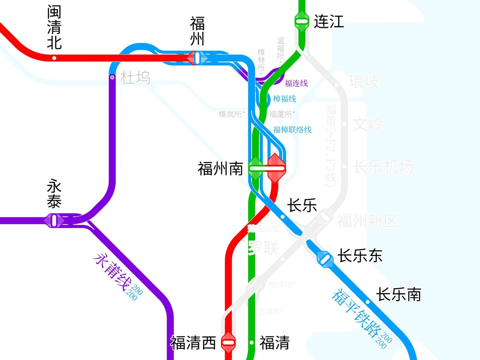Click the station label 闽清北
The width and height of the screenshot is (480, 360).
tap(54, 27)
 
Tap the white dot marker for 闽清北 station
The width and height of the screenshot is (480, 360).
tap(54, 58)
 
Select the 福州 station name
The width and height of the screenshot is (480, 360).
tap(197, 31)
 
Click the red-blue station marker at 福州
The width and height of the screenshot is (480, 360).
tap(197, 58)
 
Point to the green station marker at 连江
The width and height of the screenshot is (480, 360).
tap(302, 21)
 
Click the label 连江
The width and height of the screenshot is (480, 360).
tap(329, 21)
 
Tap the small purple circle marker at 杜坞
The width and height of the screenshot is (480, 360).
tap(112, 77)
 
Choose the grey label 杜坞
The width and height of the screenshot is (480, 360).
tap(135, 78)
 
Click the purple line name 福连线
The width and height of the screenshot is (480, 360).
tap(296, 83)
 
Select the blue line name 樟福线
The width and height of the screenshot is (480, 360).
tap(285, 99)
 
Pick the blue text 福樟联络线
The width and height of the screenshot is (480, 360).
tap(292, 130)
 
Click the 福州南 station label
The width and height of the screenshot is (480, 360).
tap(220, 169)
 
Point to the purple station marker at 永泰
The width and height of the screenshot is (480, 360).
tap(54, 220)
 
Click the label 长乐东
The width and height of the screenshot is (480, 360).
tap(360, 256)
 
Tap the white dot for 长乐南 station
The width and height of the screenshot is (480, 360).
tap(368, 302)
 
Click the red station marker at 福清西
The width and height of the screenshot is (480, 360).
tap(228, 342)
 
